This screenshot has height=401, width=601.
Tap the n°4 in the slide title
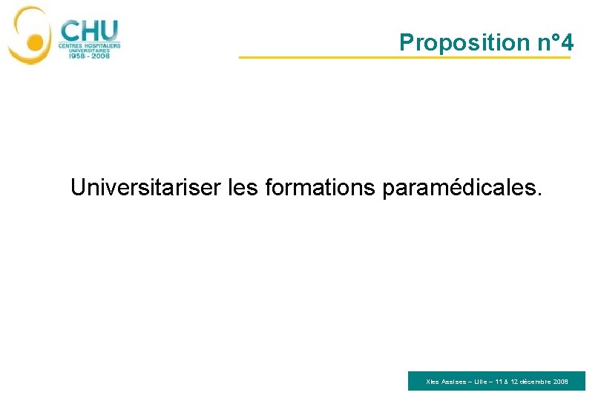555,43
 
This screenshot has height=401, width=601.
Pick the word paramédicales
460,189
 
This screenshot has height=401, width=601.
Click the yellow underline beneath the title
404,57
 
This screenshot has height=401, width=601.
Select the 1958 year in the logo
72,56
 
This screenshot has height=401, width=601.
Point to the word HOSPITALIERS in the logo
102,45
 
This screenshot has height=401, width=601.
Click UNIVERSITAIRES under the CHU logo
89,50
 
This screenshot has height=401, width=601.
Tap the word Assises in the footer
454,382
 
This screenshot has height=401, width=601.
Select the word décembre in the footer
535,382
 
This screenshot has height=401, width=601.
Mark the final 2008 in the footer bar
561,382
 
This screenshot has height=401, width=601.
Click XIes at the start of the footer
433,382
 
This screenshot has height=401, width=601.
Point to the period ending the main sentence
539,195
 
